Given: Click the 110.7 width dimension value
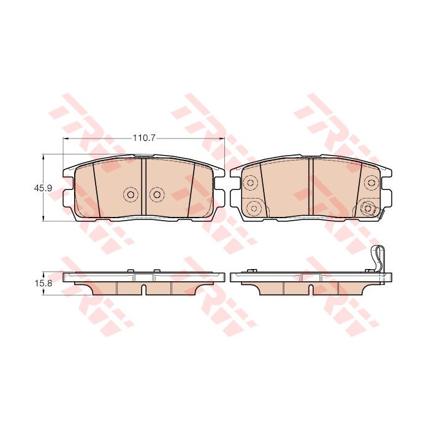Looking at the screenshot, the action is (x=144, y=138).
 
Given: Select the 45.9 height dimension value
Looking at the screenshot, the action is (x=39, y=188).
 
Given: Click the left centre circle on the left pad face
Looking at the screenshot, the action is (x=131, y=194).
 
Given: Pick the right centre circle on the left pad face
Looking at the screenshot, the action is (x=156, y=194).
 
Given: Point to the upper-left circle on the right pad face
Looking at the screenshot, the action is (x=250, y=182).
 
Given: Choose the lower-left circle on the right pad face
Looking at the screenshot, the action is (x=254, y=208).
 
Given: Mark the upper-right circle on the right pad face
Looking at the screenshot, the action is (x=371, y=182).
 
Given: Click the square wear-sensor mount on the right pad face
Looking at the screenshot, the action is (x=368, y=209).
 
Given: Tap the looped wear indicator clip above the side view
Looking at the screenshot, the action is (x=378, y=259).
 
